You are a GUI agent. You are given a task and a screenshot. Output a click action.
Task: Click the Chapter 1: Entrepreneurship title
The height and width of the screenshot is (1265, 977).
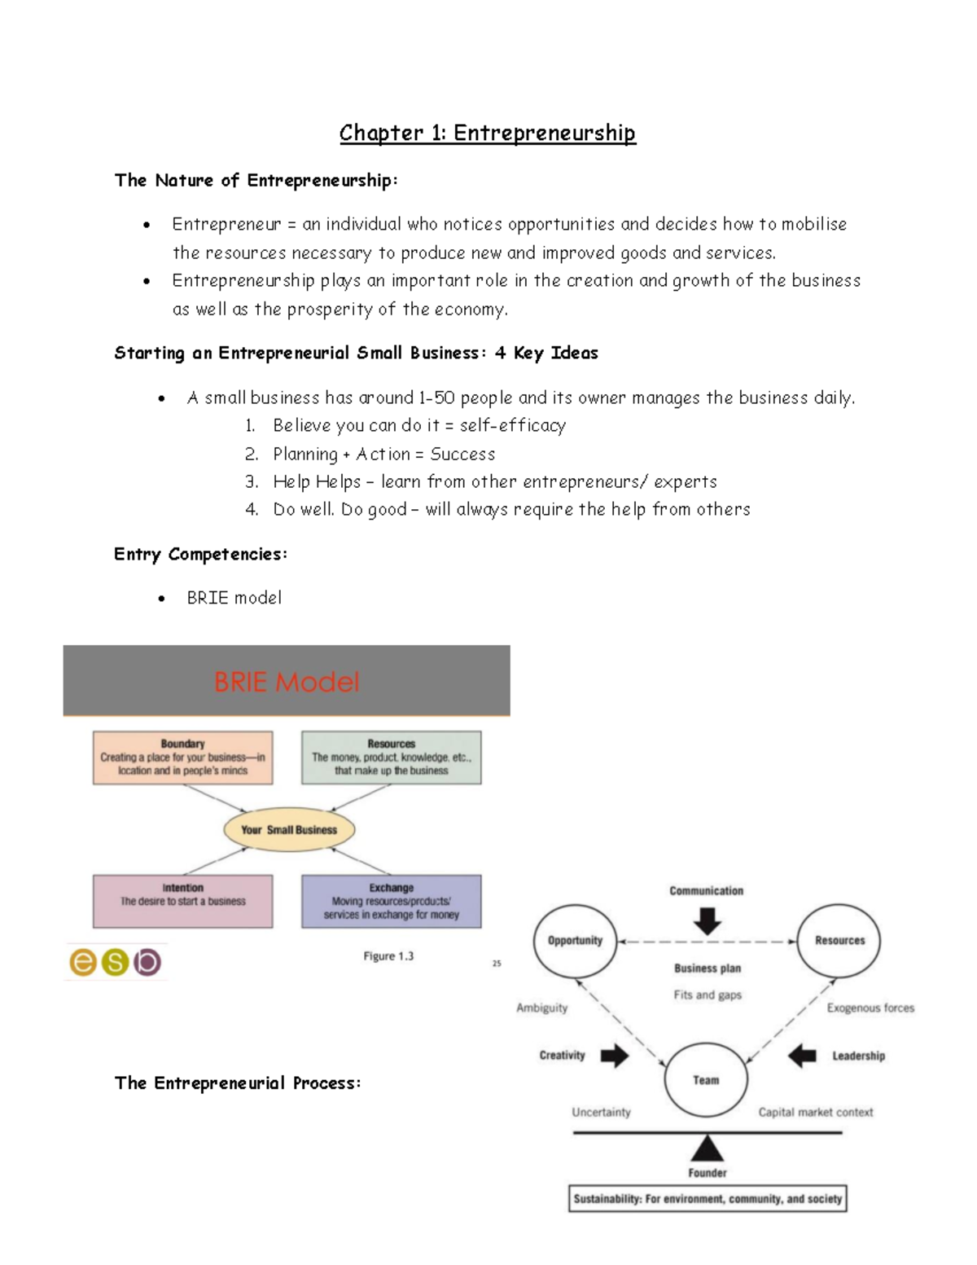tap(487, 133)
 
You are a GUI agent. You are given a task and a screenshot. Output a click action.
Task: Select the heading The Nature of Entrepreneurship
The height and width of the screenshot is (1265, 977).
tap(256, 180)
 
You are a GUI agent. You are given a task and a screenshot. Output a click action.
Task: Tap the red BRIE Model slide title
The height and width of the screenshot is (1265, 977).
tap(286, 682)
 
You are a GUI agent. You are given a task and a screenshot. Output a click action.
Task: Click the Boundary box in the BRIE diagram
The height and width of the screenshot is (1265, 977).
tap(182, 758)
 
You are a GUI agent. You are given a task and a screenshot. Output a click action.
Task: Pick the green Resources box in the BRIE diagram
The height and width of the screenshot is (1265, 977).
tap(391, 758)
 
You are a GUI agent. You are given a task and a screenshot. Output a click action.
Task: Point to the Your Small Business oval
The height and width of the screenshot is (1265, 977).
tap(289, 830)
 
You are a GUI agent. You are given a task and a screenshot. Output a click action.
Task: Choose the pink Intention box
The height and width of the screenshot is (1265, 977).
tap(182, 901)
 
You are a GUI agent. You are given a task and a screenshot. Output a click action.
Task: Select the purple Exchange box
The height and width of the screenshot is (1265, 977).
tap(391, 901)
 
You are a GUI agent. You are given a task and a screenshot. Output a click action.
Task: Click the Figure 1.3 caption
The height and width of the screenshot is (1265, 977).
tap(388, 956)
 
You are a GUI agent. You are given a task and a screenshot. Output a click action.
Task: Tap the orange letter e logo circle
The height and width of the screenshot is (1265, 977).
tap(84, 962)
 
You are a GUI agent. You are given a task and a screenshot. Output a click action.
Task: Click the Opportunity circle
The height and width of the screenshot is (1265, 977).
tap(575, 941)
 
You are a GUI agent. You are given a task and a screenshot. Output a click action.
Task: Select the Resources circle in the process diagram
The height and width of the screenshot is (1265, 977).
tap(839, 941)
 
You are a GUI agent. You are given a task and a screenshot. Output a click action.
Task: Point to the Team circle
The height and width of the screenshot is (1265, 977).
tap(706, 1080)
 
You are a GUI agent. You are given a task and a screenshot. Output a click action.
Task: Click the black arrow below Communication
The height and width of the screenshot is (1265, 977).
tap(707, 921)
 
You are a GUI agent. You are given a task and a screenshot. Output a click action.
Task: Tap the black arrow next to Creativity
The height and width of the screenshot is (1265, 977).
tap(615, 1056)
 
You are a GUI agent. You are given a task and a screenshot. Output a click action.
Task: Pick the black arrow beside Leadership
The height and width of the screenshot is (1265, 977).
tap(802, 1056)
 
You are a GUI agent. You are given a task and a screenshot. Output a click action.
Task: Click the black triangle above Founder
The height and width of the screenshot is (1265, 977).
tap(707, 1149)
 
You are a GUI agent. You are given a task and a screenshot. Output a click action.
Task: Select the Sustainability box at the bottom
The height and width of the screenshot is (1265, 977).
tap(708, 1199)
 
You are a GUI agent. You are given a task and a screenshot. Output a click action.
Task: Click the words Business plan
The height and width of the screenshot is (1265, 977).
tap(708, 969)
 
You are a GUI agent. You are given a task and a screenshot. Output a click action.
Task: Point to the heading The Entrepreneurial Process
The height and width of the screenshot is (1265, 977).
tap(237, 1083)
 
